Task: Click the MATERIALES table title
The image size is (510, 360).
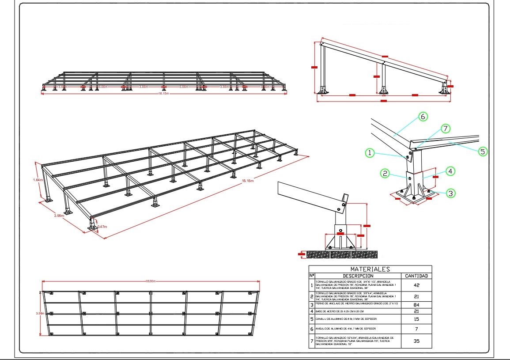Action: (x=370, y=269)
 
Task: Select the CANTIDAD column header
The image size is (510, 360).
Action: (x=416, y=276)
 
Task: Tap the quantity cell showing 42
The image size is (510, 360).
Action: (x=416, y=285)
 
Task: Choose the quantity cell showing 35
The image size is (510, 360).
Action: (x=416, y=341)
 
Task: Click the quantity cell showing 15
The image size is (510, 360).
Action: (x=416, y=319)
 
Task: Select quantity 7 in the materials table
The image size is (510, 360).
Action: (x=416, y=329)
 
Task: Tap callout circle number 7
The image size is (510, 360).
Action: (x=446, y=129)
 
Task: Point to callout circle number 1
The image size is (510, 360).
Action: (x=370, y=153)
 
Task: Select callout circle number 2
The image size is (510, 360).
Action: (x=385, y=174)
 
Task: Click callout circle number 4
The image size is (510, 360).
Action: (x=450, y=171)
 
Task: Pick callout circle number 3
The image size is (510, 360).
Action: (x=451, y=193)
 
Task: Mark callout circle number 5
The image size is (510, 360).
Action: (x=483, y=151)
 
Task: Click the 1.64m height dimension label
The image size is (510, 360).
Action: (x=38, y=180)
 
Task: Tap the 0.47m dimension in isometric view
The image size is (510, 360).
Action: (x=102, y=227)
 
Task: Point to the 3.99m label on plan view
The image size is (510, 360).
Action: (x=40, y=313)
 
